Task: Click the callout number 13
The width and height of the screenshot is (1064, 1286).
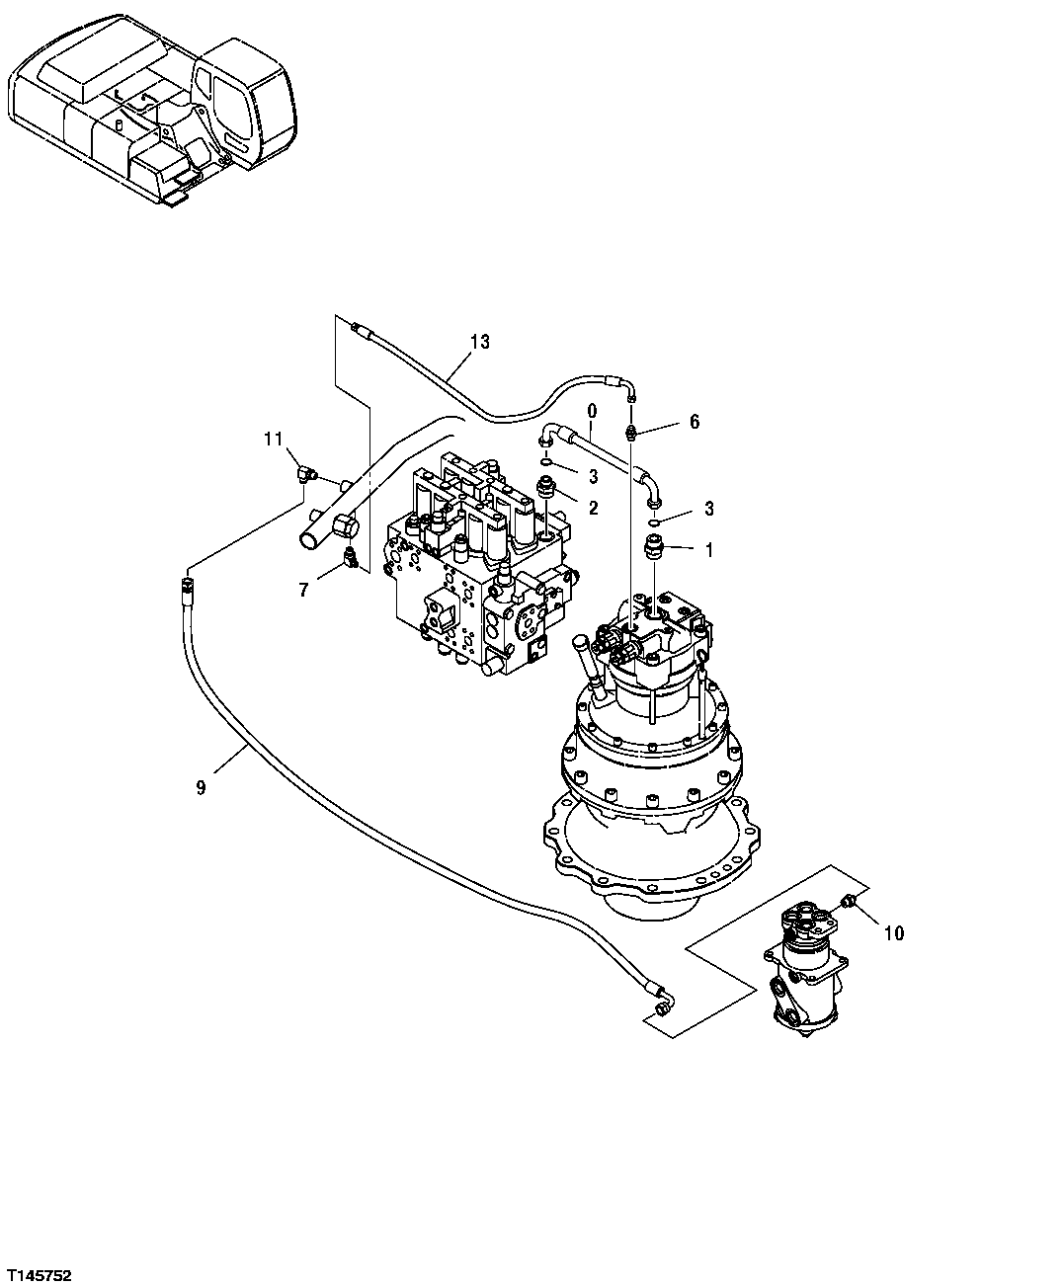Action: pyautogui.click(x=479, y=343)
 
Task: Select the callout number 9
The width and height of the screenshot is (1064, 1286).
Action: pyautogui.click(x=201, y=787)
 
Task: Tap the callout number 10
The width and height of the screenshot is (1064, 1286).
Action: pyautogui.click(x=893, y=932)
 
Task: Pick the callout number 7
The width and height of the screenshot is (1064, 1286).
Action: pyautogui.click(x=303, y=591)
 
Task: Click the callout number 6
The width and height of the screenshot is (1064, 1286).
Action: pyautogui.click(x=694, y=422)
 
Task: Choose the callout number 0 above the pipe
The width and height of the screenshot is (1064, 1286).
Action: pyautogui.click(x=592, y=408)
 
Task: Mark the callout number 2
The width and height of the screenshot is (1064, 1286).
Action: pyautogui.click(x=593, y=508)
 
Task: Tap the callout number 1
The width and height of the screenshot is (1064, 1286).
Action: pyautogui.click(x=708, y=550)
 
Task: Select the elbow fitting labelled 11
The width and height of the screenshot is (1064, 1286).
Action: pyautogui.click(x=306, y=474)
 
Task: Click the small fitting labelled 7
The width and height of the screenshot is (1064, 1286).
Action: pyautogui.click(x=351, y=559)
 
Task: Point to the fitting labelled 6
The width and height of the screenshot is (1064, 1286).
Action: pyautogui.click(x=632, y=432)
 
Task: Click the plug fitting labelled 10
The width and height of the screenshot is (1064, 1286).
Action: pyautogui.click(x=849, y=900)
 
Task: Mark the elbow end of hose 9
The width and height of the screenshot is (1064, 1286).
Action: pyautogui.click(x=658, y=1001)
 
